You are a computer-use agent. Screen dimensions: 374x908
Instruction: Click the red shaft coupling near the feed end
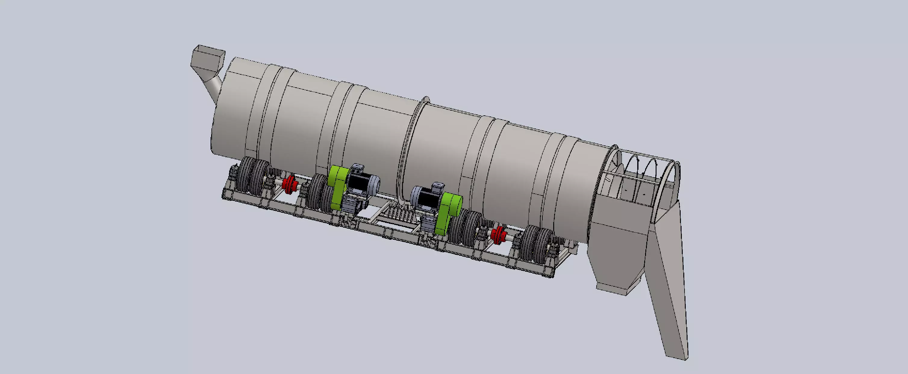click(290, 182)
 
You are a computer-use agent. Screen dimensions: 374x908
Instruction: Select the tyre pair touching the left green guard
click(319, 194)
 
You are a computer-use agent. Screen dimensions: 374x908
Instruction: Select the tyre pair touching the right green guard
click(467, 227)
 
